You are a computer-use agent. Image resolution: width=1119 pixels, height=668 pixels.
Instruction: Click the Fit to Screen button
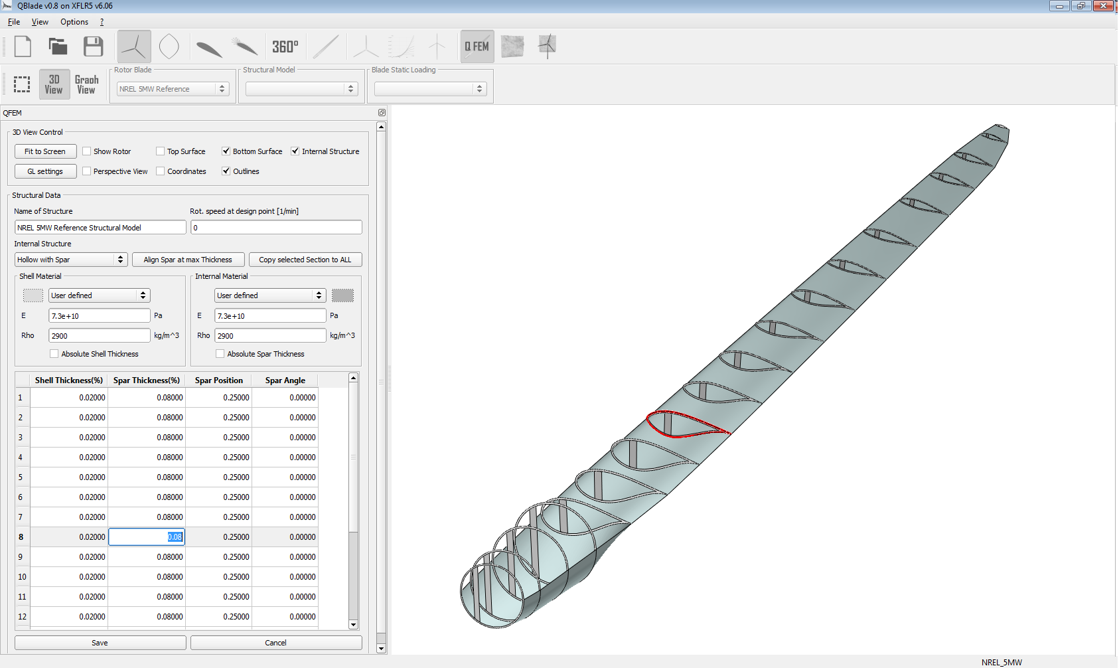tap(45, 151)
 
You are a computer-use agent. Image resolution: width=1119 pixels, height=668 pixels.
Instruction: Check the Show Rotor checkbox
tap(87, 151)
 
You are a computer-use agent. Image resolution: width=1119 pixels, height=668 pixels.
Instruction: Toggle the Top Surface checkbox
tap(161, 151)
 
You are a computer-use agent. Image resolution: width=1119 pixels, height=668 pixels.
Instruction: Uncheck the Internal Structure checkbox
tap(295, 151)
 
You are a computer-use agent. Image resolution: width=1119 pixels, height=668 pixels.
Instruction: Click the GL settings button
tap(45, 171)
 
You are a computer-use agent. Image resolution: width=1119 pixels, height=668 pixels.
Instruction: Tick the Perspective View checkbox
tap(87, 171)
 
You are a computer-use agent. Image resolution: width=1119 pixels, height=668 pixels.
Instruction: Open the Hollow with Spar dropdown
tap(70, 260)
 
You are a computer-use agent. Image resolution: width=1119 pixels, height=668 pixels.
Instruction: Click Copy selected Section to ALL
tap(305, 260)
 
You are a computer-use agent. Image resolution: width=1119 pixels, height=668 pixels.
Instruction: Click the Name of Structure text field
tap(100, 228)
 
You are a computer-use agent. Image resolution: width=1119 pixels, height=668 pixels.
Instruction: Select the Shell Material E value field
tap(99, 316)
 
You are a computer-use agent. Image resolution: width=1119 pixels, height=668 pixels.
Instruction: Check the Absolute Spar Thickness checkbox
tap(220, 354)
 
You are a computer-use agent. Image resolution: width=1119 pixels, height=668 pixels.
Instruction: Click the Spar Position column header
tap(218, 380)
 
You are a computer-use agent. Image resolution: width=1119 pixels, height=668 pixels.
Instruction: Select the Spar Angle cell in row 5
tap(285, 477)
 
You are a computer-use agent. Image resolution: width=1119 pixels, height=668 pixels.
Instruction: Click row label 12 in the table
tap(22, 617)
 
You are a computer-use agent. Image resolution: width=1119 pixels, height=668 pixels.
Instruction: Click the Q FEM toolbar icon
tap(477, 46)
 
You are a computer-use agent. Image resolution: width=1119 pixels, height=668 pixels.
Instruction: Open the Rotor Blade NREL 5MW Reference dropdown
tap(173, 89)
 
